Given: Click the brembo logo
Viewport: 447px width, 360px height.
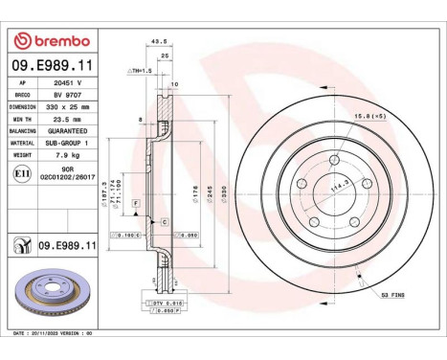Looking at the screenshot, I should coord(54,41).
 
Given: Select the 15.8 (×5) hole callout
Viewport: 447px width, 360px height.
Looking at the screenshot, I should coord(371,117).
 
